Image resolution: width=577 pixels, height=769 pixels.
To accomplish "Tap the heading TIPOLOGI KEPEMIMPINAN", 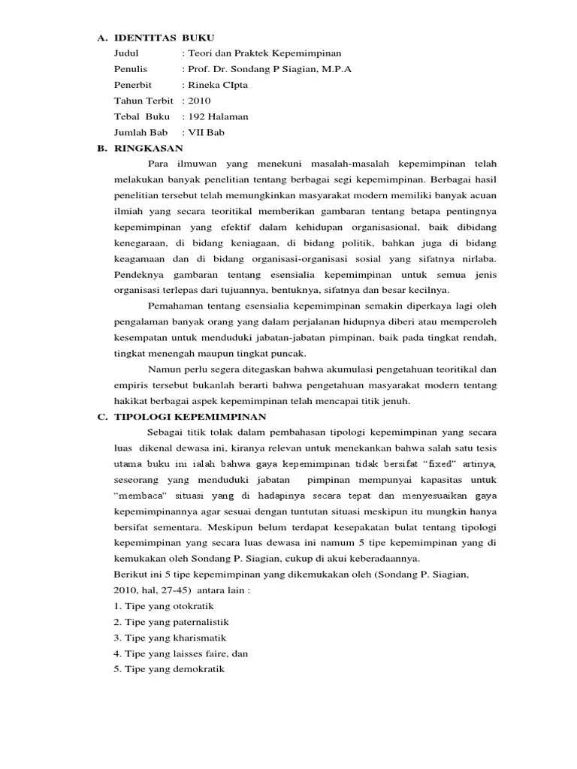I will coord(191,417).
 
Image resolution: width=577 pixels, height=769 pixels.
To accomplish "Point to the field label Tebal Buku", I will coord(142,116).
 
